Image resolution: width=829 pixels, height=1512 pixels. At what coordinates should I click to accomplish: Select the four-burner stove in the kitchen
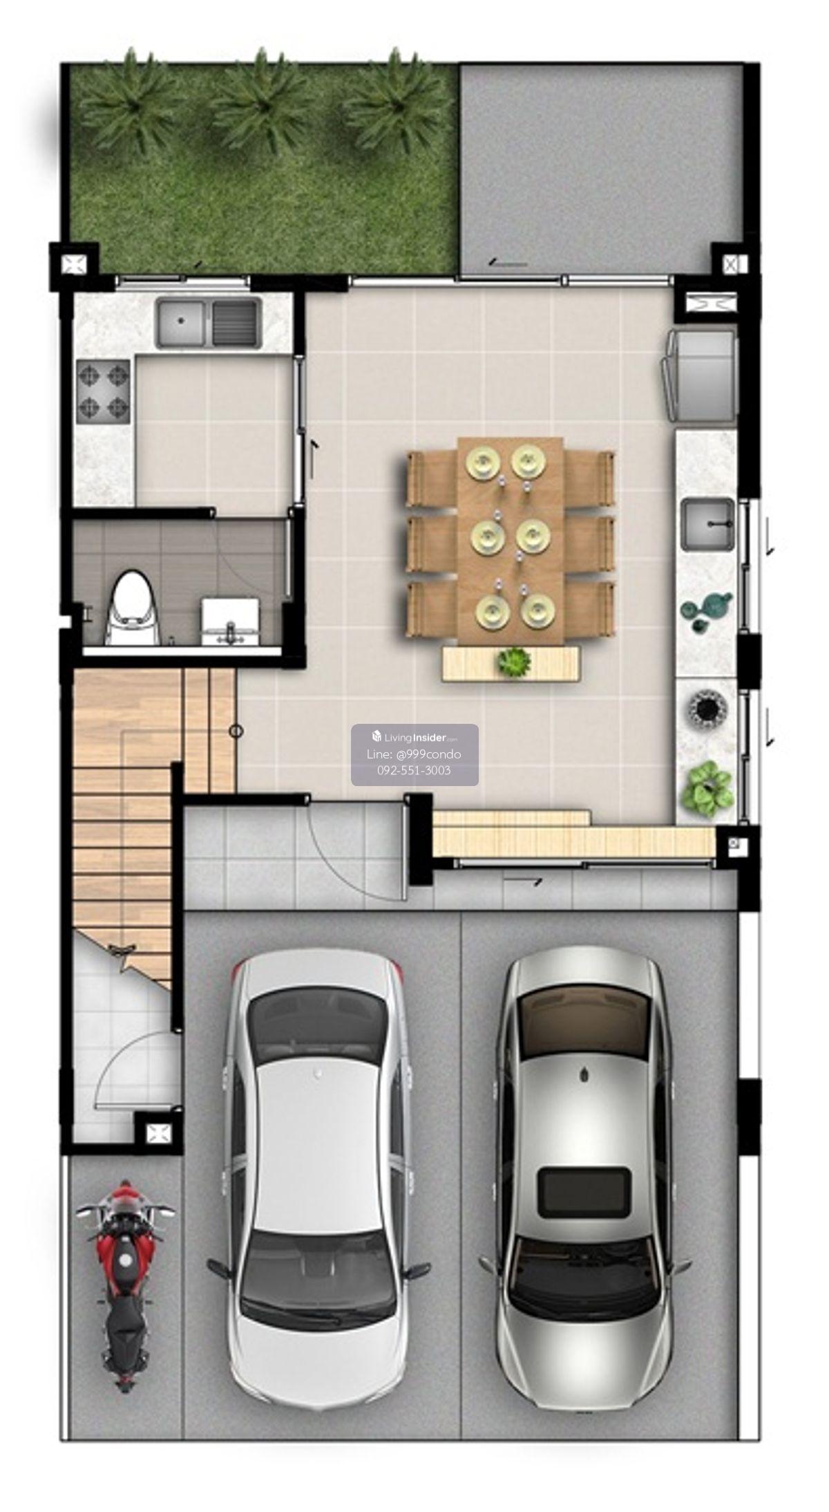pos(104,392)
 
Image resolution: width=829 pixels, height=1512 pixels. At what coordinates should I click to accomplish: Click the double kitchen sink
pos(209,322)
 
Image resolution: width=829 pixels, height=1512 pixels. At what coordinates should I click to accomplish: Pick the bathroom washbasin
pos(231,620)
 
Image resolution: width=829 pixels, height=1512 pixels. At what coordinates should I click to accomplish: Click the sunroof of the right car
pos(584,1192)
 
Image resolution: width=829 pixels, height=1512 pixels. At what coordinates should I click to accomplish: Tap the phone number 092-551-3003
pos(414,770)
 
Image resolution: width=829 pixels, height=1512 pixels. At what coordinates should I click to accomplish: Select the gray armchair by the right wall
pos(699,375)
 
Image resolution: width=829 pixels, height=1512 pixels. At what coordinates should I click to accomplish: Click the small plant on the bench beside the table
pos(514,662)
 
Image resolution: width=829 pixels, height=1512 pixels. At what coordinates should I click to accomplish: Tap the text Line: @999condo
pos(414,754)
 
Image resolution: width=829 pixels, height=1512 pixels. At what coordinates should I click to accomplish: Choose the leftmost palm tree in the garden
pos(129,100)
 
